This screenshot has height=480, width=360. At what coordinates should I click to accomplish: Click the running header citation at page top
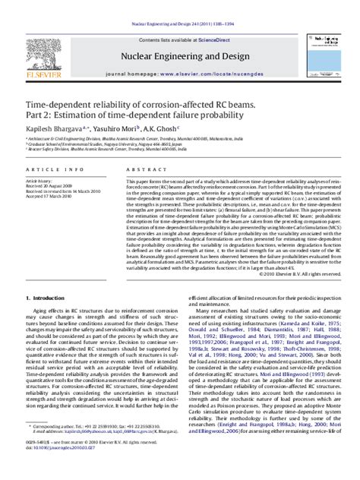point(179,6)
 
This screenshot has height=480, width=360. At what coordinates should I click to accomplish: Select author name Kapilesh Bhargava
point(55,128)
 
